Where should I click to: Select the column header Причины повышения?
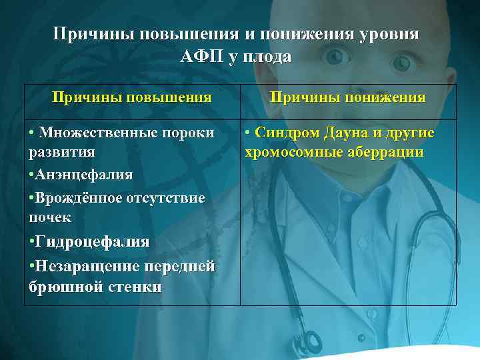[132, 97]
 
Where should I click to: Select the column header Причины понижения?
[347, 97]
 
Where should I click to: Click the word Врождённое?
[75, 199]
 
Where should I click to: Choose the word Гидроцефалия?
[93, 241]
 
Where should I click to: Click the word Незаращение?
[84, 267]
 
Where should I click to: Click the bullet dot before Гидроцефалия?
[32, 241]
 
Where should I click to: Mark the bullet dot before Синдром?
[247, 133]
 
